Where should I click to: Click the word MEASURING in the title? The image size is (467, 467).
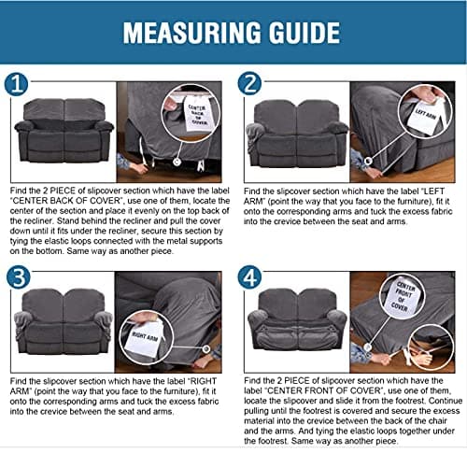(x=192, y=33)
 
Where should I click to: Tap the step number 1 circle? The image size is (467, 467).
(x=16, y=85)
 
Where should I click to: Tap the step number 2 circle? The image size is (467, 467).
(x=249, y=84)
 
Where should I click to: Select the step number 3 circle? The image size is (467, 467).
(x=19, y=276)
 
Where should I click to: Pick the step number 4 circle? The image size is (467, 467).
(x=249, y=276)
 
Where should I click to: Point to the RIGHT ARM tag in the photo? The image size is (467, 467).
(x=144, y=339)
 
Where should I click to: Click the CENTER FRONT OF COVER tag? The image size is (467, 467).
(x=403, y=296)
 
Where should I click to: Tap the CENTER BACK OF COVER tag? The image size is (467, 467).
(x=197, y=114)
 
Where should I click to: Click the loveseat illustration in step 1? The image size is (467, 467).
(x=64, y=130)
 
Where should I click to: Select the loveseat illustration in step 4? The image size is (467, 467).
(x=297, y=319)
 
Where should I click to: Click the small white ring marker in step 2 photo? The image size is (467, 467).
(x=368, y=161)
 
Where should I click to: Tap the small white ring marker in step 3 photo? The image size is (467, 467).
(x=205, y=348)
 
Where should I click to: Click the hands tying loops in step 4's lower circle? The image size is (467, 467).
(x=428, y=353)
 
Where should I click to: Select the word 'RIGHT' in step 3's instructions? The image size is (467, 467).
(x=203, y=381)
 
